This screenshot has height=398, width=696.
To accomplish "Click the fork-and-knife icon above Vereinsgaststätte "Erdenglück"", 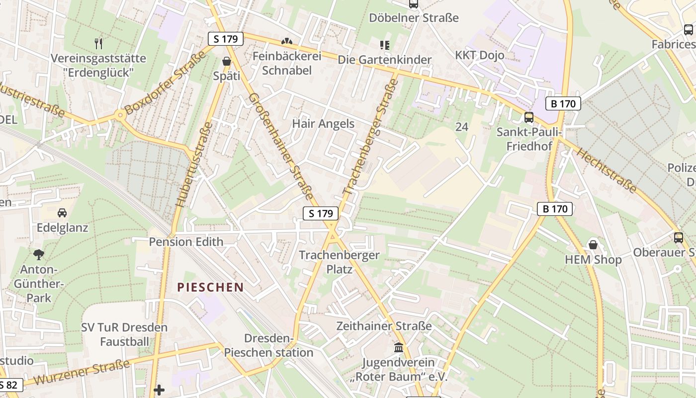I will click(98, 44).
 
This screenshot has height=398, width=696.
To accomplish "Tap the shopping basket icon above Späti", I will click(227, 62).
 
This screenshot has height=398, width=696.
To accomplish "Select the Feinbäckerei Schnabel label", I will click(287, 63).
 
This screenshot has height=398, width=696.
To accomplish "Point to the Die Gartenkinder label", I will click(385, 60).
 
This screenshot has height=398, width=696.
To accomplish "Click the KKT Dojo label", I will click(480, 55).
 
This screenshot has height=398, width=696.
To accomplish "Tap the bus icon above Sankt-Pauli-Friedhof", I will click(529, 117).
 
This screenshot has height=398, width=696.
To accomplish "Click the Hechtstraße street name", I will click(606, 170).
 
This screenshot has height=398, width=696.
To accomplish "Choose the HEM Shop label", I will click(593, 260).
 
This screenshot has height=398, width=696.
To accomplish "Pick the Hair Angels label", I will click(323, 123).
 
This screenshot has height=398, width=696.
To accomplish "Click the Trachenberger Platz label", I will click(339, 262).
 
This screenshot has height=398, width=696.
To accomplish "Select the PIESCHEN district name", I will click(211, 287).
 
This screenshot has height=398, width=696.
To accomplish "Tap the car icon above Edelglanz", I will click(62, 213).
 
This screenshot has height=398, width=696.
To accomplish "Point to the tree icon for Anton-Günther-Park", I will click(39, 255).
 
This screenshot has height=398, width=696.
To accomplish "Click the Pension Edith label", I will click(186, 242).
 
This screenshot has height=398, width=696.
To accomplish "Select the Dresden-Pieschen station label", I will click(268, 345).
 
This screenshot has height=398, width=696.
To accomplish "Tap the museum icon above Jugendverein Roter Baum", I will click(398, 347).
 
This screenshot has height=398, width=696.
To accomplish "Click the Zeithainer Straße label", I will click(384, 326).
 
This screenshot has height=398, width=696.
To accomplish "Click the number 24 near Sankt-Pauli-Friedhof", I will click(462, 127).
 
